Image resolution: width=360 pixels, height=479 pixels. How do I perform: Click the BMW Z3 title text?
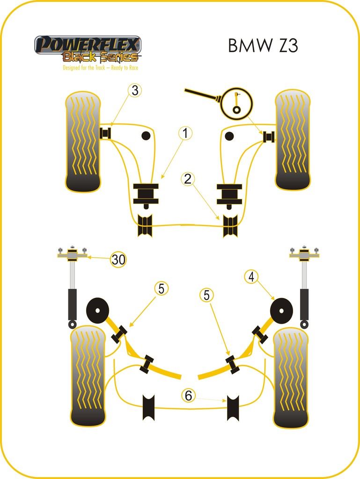point(263,46)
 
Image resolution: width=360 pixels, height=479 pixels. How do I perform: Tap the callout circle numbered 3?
point(135,90)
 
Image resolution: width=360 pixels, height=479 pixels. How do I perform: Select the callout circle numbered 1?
point(185,133)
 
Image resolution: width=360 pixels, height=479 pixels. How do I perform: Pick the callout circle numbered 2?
point(188,179)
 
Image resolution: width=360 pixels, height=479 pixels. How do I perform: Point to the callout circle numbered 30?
point(119,260)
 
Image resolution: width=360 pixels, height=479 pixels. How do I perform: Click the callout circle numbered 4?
point(251,277)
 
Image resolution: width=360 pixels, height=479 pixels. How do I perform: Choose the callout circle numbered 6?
point(188,396)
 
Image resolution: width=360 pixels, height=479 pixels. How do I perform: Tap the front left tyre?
point(83,142)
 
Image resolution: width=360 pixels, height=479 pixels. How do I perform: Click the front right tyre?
point(293,140)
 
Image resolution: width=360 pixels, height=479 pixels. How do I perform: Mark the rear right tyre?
point(291,378)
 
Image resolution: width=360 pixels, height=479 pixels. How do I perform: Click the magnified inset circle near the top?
point(236,102)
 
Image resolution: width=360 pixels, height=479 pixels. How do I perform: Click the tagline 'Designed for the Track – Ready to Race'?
point(101,68)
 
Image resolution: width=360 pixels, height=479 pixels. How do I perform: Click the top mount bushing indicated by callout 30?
point(73,255)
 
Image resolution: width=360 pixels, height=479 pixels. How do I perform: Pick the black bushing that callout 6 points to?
point(233,407)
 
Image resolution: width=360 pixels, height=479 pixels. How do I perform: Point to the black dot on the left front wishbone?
point(146,136)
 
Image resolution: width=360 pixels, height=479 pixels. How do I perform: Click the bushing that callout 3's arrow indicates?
point(105,133)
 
